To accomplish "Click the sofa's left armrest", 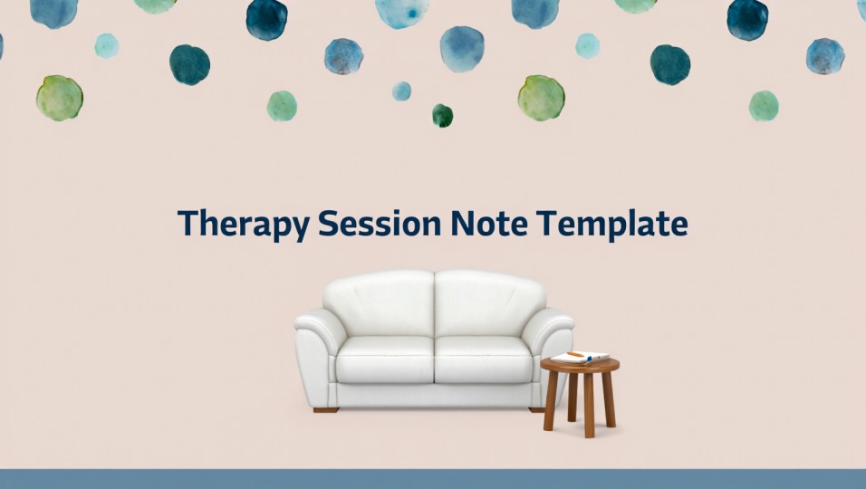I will [x=316, y=349].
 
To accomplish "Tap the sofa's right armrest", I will [x=553, y=344].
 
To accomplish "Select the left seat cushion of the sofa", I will [x=385, y=360].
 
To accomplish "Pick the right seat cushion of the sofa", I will [x=484, y=360].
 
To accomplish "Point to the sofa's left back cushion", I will [x=379, y=303].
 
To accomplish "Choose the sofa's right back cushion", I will [x=490, y=303].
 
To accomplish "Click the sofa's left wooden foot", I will [x=326, y=410].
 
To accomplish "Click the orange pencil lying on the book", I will [x=575, y=354].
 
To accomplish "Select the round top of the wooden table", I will [x=580, y=366].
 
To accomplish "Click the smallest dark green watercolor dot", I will [x=442, y=115].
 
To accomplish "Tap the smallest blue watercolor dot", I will [x=401, y=91].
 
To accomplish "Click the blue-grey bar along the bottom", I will [x=433, y=478].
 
